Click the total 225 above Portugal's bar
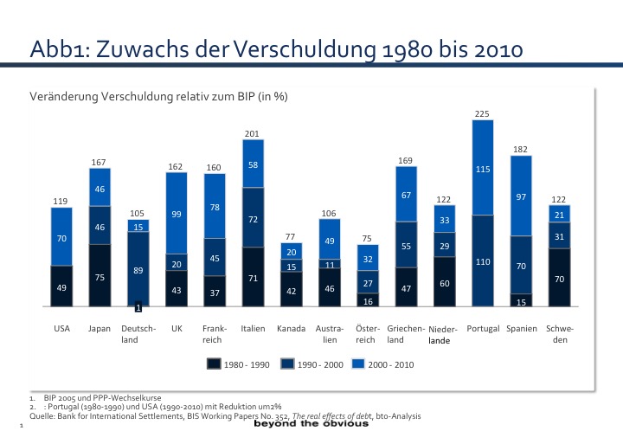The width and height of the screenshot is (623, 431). pos(483,114)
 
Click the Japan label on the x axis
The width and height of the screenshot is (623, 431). pos(100,329)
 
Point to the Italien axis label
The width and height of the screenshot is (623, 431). pos(253,329)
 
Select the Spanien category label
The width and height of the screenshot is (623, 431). pos(522,329)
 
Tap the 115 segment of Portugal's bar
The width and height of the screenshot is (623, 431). pos(483,168)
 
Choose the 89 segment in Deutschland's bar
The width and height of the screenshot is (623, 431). pos(138,271)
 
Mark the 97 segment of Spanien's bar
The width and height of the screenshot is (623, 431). pos(521,196)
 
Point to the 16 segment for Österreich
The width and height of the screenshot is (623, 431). pos(367,301)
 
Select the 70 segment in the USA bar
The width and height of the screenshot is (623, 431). pos(61,237)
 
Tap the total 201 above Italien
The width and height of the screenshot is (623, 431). pos(252,133)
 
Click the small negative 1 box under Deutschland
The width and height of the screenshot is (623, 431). pos(138,308)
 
